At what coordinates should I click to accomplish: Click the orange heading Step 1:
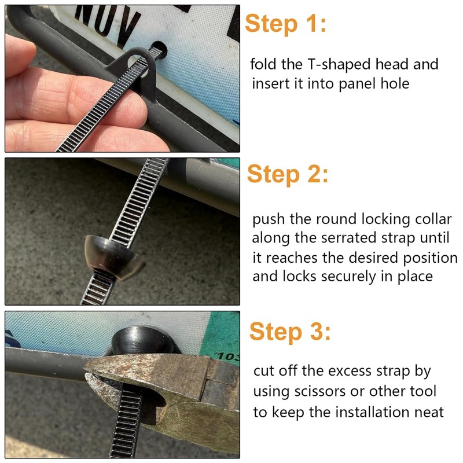tap(285, 24)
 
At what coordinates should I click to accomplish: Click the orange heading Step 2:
tap(288, 174)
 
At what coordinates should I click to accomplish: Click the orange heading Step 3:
tap(290, 332)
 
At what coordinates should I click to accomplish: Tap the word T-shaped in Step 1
tap(339, 65)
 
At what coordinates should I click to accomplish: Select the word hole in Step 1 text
tap(395, 83)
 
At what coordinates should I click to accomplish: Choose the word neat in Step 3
tap(429, 412)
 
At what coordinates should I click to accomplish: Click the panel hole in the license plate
tap(159, 49)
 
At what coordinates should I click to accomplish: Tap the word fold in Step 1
tap(263, 64)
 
